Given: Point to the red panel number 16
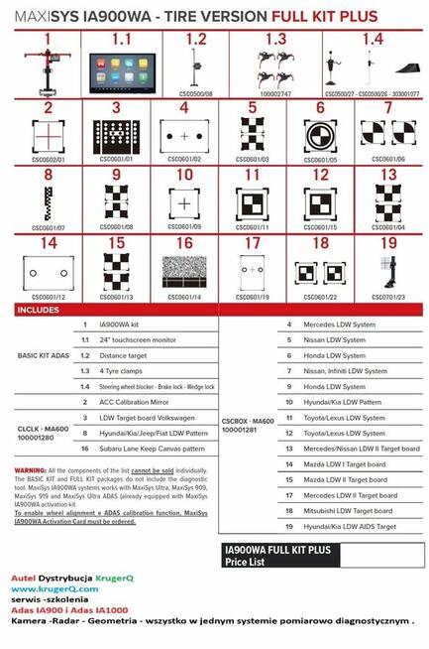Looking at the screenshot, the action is [x=184, y=241].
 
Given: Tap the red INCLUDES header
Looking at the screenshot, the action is [x=44, y=310].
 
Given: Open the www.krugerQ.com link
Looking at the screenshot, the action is [x=49, y=588].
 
